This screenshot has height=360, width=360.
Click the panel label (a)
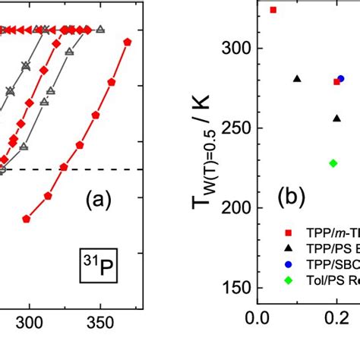point(99,201)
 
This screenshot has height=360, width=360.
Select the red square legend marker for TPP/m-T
point(288,232)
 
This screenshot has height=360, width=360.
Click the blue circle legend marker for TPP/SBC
point(288,264)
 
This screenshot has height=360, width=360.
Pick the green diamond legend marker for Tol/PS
point(288,279)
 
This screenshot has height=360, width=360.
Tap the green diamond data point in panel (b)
point(333,163)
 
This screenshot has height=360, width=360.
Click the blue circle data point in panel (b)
point(341,78)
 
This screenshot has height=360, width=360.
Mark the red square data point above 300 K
point(273,10)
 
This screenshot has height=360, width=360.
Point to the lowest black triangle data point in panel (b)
point(336,118)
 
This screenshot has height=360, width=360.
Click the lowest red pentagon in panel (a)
point(27,219)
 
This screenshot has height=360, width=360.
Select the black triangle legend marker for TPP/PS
point(288,248)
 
